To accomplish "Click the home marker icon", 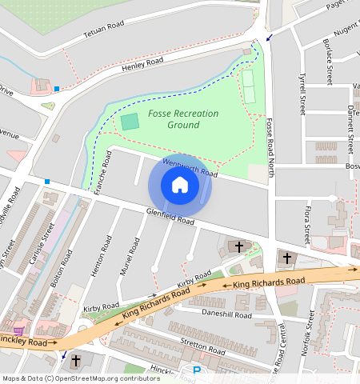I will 180,186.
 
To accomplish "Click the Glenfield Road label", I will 170,216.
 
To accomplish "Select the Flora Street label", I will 306,225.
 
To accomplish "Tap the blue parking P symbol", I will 197,370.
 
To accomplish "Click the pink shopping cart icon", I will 18,330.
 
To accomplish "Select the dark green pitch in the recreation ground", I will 130,122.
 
